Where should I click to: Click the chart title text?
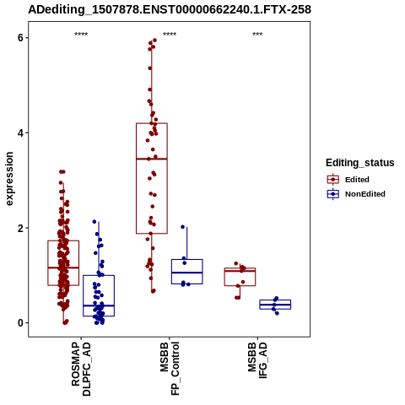[170, 9]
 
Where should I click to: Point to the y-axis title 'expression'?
[9, 179]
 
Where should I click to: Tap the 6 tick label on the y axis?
[20, 38]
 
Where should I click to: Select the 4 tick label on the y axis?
[20, 132]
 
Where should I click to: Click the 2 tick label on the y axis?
[20, 228]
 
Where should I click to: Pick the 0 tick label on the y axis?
[20, 323]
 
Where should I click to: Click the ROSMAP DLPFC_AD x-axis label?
[81, 369]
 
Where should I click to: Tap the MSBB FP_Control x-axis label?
[170, 369]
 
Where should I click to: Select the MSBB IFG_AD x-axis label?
[257, 360]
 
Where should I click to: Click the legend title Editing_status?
[360, 163]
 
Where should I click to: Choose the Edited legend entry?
[348, 180]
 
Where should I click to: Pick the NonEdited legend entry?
[356, 194]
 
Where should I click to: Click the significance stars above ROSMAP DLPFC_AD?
[81, 35]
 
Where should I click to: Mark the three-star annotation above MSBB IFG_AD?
[257, 35]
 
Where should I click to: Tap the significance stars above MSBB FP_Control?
[170, 35]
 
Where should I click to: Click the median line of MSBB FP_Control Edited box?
[152, 159]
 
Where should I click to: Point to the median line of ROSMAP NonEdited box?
[99, 305]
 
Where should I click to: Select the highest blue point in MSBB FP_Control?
[183, 227]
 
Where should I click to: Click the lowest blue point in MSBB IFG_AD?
[277, 313]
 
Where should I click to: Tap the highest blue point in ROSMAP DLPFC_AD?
[94, 222]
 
